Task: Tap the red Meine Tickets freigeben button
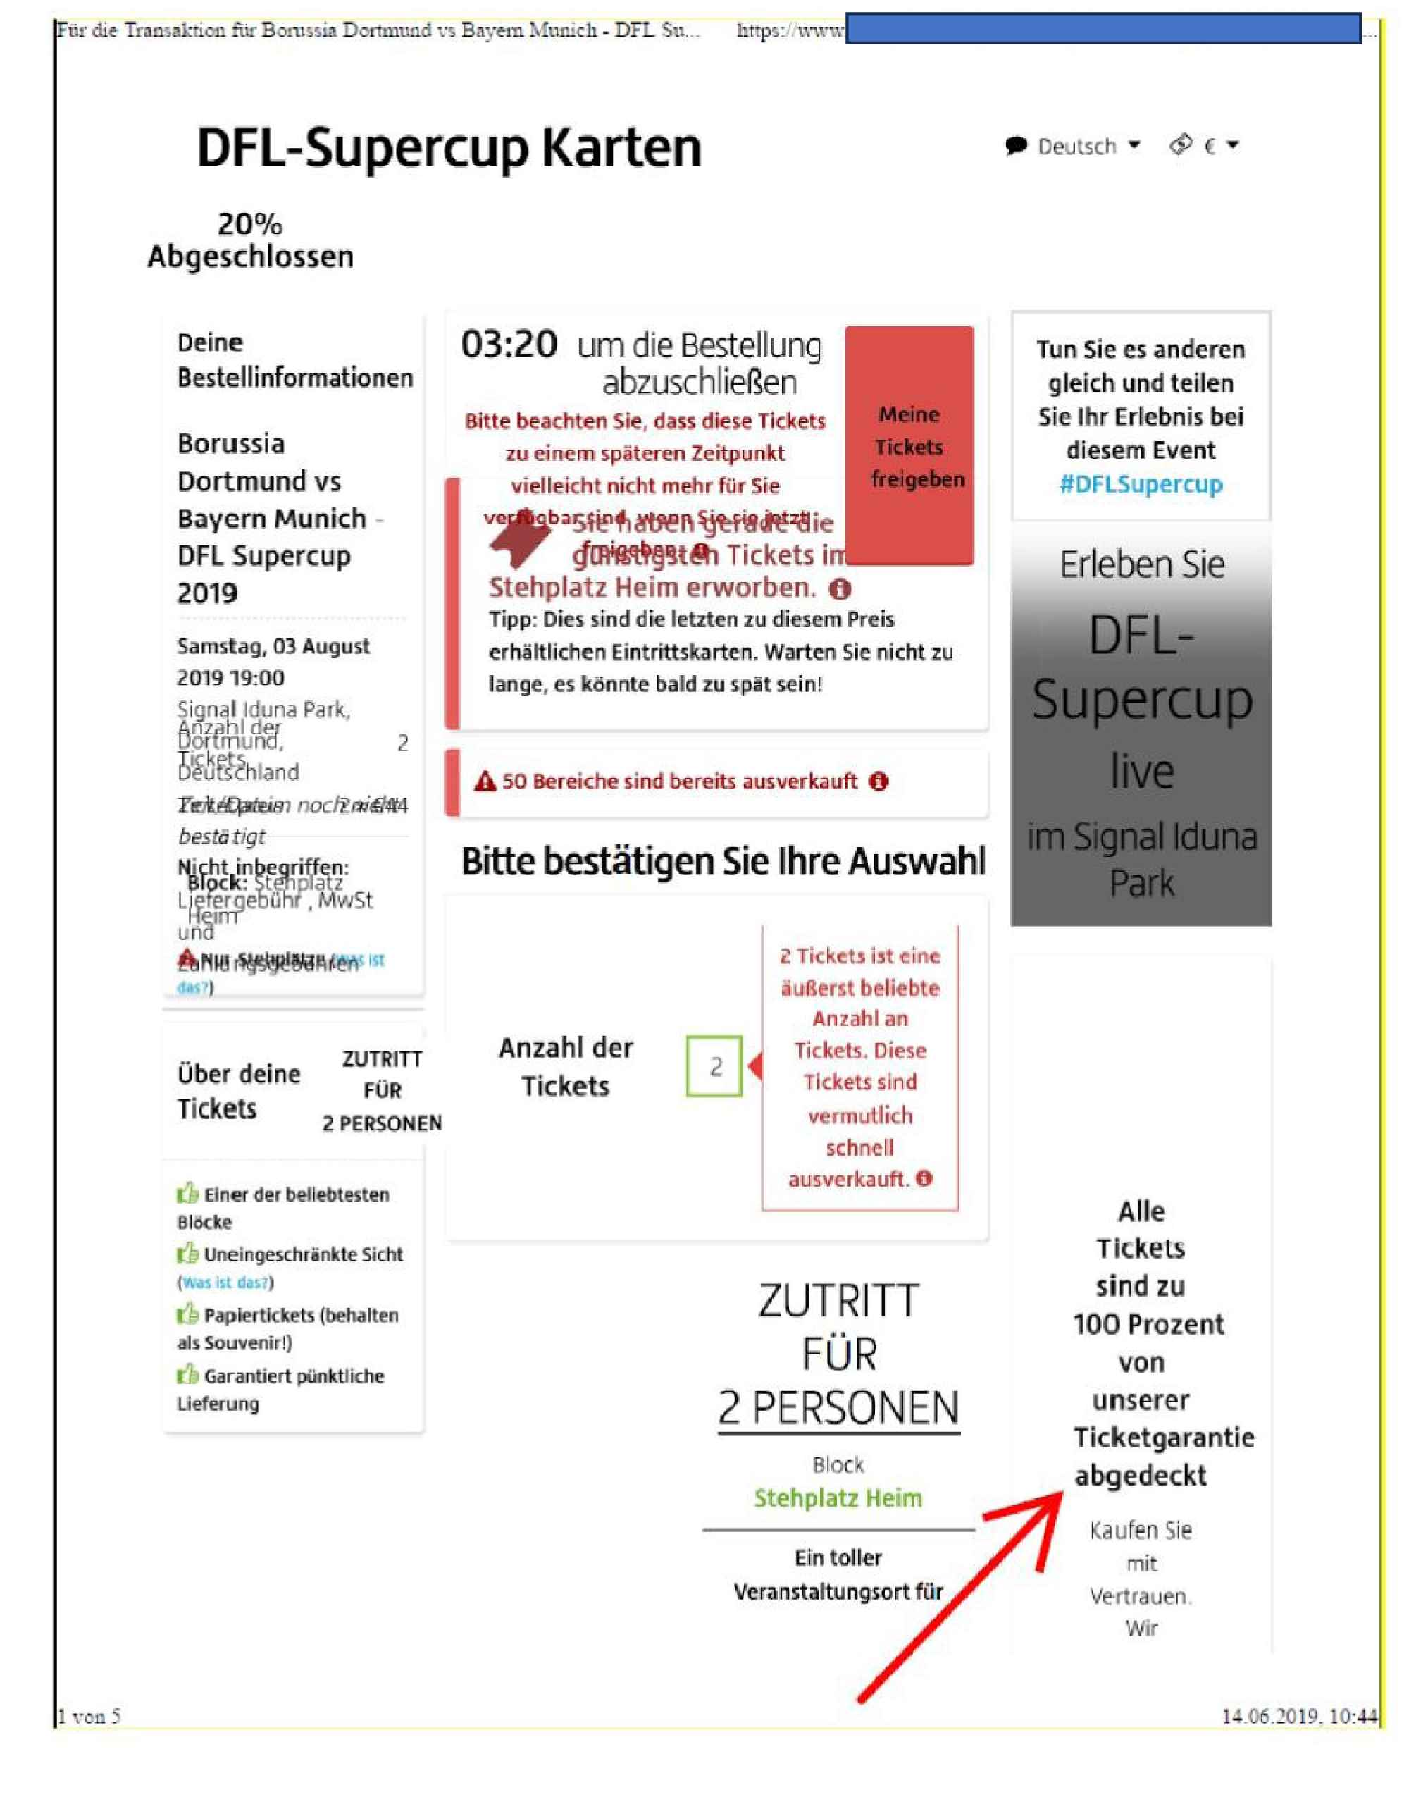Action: (x=909, y=446)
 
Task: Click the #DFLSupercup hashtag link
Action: (x=1141, y=484)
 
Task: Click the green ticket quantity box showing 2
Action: (x=714, y=1066)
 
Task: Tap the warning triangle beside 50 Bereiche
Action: (x=485, y=781)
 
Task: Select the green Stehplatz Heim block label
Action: (x=838, y=1498)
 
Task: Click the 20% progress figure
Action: (x=249, y=224)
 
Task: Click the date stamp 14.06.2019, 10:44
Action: (x=1299, y=1716)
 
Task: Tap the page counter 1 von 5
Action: (x=89, y=1716)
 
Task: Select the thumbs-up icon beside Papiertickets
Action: (x=187, y=1314)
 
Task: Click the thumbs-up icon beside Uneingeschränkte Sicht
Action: (x=187, y=1253)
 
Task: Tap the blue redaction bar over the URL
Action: (x=1103, y=29)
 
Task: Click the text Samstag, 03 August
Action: (x=273, y=647)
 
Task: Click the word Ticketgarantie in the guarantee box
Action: (x=1163, y=1437)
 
